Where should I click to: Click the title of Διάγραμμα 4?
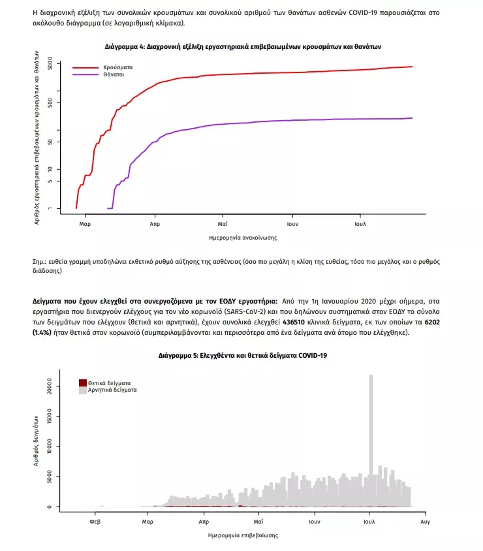pos(242,47)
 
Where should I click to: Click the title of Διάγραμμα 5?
pos(242,356)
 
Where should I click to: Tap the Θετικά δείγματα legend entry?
pos(109,383)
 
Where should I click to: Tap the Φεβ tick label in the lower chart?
pos(95,522)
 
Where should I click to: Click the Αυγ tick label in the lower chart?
pos(424,522)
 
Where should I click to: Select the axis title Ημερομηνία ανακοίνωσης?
pos(242,238)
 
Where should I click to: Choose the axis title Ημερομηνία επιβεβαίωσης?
pos(242,535)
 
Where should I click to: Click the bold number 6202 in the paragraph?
pos(432,322)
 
